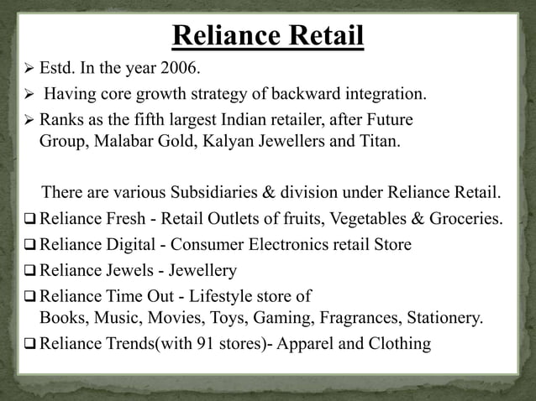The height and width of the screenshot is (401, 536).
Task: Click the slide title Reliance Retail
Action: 268,39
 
